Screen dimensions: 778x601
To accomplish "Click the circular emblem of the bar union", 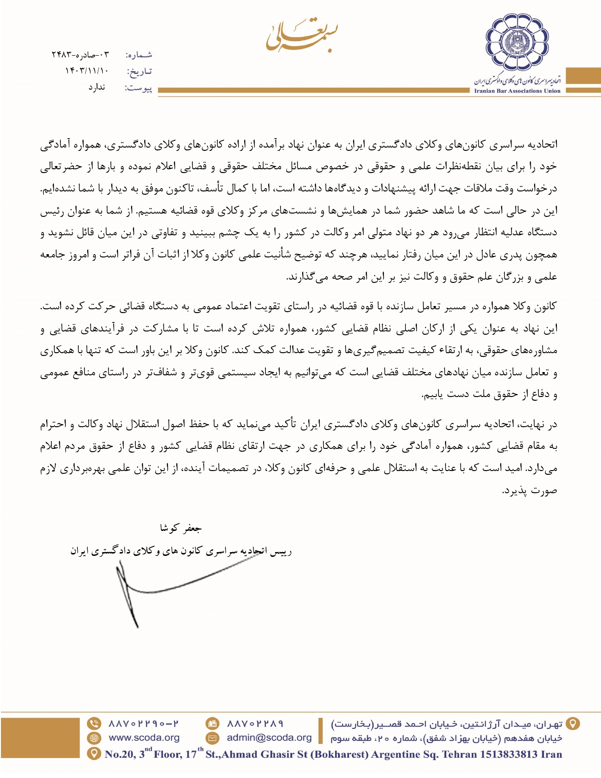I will (518, 42).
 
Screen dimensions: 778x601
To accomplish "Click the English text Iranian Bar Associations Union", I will (517, 91).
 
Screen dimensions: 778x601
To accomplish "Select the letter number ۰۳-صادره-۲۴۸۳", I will (80, 55).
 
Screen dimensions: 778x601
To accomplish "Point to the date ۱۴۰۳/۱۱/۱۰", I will (87, 71).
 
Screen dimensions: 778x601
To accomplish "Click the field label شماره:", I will (139, 55).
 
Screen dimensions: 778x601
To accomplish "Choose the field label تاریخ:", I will (140, 72).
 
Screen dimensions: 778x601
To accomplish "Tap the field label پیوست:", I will (138, 88).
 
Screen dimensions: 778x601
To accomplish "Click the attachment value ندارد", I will (97, 88).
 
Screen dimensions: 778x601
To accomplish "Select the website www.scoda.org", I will (144, 738).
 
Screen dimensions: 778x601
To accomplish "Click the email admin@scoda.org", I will (269, 738).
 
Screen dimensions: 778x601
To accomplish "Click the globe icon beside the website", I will (94, 738).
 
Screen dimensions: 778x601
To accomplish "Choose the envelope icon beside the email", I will (213, 738).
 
